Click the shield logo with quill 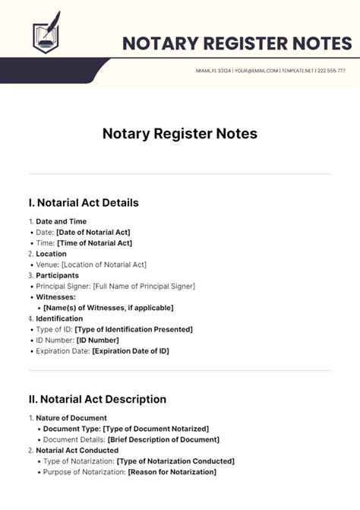(x=45, y=35)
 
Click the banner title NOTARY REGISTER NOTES (x=236, y=43)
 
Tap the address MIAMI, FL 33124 (x=213, y=70)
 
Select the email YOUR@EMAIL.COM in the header (x=256, y=70)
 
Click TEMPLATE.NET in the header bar (x=297, y=70)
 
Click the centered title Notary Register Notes (x=180, y=134)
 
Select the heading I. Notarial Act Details (x=84, y=203)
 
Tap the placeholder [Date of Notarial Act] (x=93, y=232)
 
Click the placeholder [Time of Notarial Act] (x=94, y=243)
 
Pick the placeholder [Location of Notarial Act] (x=104, y=265)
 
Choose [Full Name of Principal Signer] (x=144, y=287)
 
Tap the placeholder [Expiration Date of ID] (x=131, y=351)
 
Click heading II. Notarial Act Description (x=97, y=399)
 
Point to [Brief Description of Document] (x=163, y=439)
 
